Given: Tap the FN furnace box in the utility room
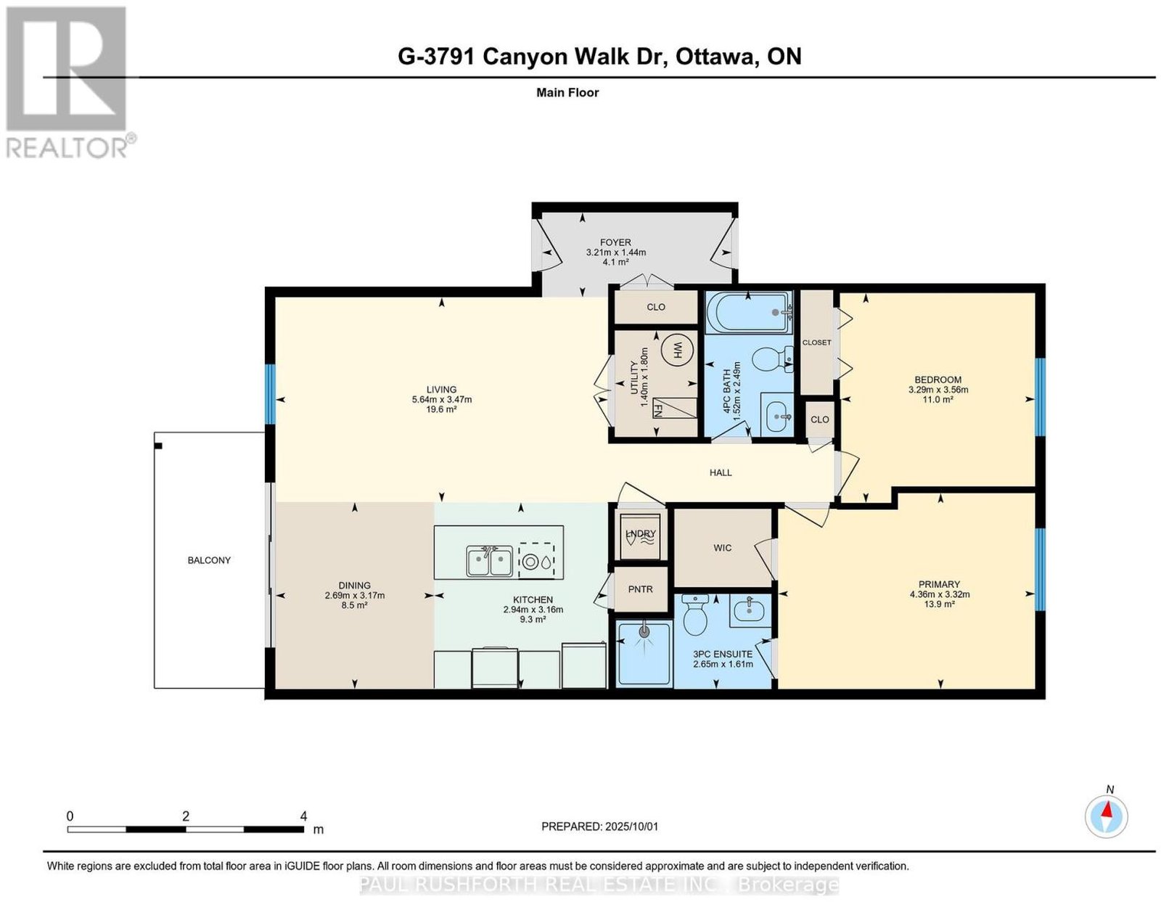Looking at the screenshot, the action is point(675,408).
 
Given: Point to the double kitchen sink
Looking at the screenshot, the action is point(489,561).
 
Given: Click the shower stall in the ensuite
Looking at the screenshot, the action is point(644,654).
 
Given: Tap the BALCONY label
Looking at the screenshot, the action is point(209,560).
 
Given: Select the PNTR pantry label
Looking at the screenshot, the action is point(640,589).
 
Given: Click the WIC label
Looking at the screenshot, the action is point(722,548).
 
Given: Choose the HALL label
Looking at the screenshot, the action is point(721,472).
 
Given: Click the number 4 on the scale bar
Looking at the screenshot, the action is point(303,816).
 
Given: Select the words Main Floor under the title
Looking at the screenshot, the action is point(567,93).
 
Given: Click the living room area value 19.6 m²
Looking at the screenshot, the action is point(441,409).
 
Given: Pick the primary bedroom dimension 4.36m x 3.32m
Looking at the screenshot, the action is point(940,594).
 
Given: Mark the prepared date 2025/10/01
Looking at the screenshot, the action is point(631,827).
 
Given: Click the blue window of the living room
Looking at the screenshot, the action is point(271,394).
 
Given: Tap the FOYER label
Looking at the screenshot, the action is point(615,242).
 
